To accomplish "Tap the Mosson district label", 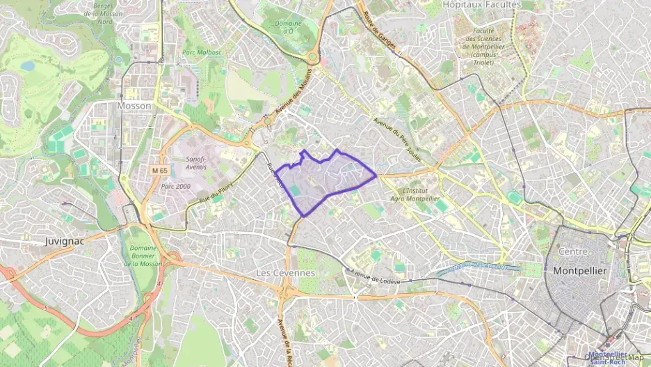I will click(x=134, y=106).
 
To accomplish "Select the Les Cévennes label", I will click(x=285, y=272).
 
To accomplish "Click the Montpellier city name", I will click(x=580, y=270).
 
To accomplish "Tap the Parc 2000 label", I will click(x=175, y=187).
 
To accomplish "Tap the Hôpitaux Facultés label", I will click(x=491, y=4).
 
